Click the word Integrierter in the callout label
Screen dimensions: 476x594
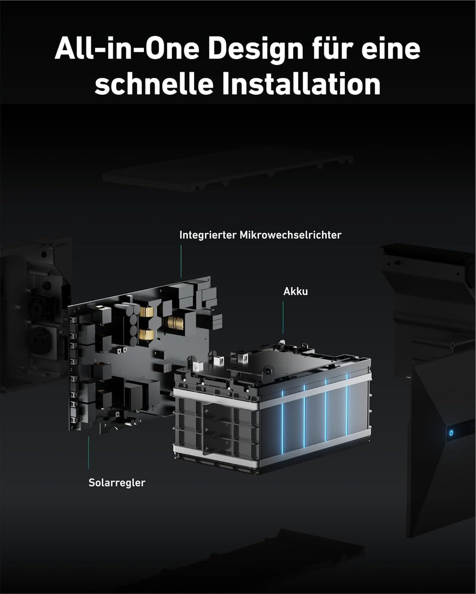pyautogui.click(x=208, y=235)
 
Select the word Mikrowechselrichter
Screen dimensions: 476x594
pyautogui.click(x=290, y=235)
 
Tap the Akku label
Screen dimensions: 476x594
pyautogui.click(x=295, y=291)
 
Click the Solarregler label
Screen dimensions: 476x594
pyautogui.click(x=117, y=483)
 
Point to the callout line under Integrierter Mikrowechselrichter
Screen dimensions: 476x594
pyautogui.click(x=181, y=261)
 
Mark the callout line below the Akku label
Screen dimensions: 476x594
pyautogui.click(x=283, y=317)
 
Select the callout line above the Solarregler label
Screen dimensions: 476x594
pyautogui.click(x=89, y=453)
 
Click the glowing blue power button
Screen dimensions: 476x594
pyautogui.click(x=451, y=433)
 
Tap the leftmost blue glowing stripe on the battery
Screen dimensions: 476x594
pyautogui.click(x=283, y=422)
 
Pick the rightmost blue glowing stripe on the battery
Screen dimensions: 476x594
pyautogui.click(x=347, y=404)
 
